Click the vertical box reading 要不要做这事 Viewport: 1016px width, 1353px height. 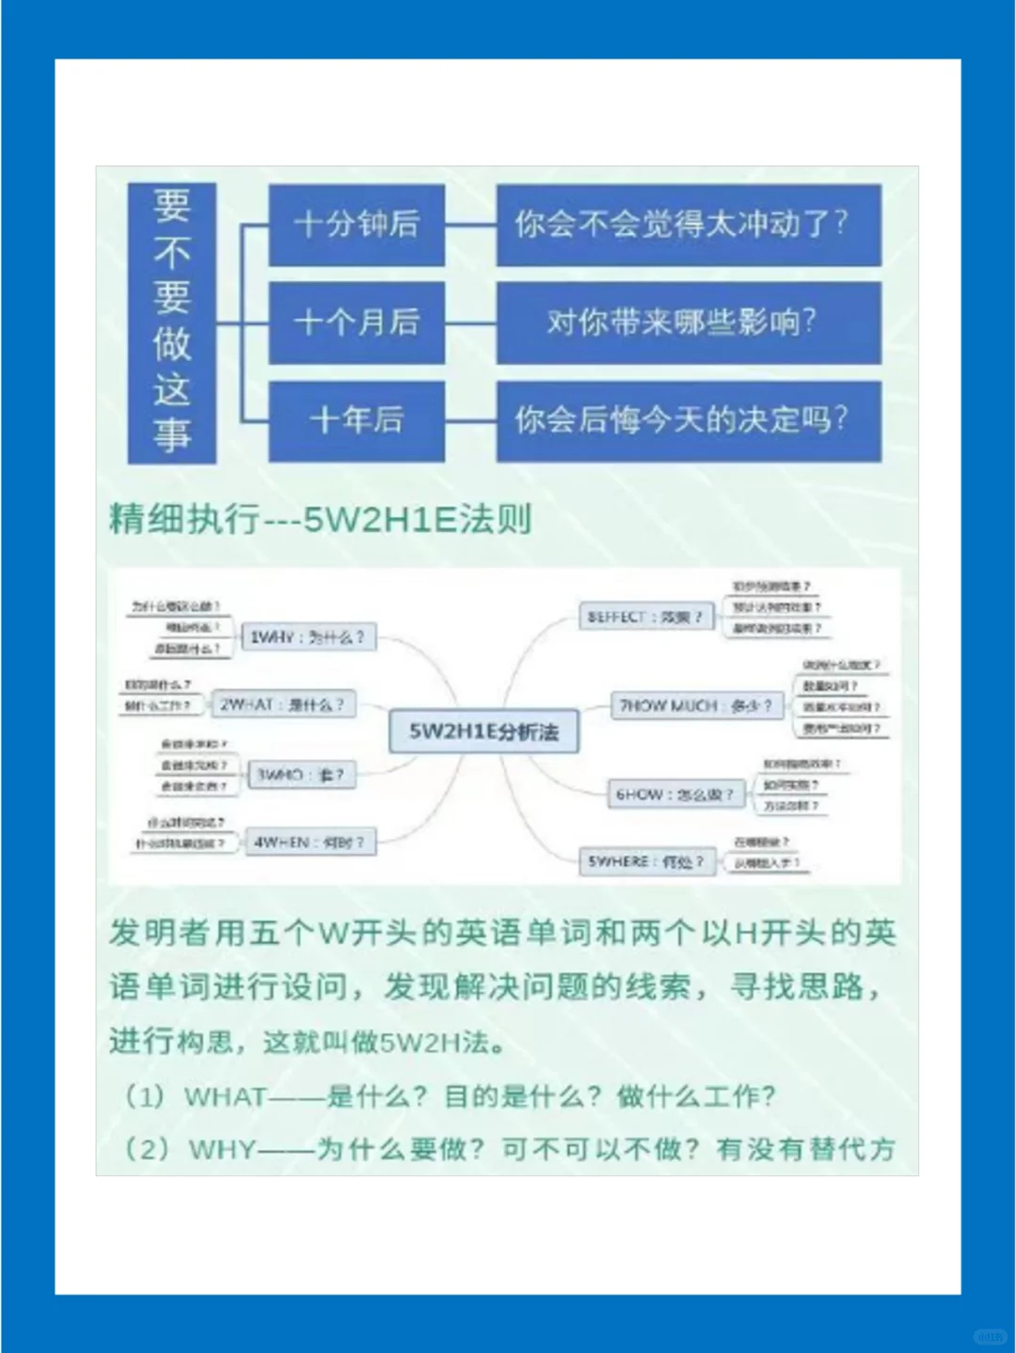pyautogui.click(x=172, y=322)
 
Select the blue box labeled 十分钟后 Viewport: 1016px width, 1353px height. pyautogui.click(x=357, y=224)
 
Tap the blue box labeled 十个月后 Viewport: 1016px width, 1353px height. pyautogui.click(x=357, y=322)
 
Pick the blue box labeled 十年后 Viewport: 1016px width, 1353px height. pyautogui.click(x=357, y=419)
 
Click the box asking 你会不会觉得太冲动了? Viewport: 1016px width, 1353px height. pyautogui.click(x=688, y=224)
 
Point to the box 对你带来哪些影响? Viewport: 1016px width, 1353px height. pyautogui.click(x=688, y=322)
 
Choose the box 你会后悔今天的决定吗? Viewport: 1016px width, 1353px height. pyautogui.click(x=688, y=419)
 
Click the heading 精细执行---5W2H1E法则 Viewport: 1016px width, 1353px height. pyautogui.click(x=321, y=519)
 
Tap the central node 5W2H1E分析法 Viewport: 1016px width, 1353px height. pyautogui.click(x=484, y=732)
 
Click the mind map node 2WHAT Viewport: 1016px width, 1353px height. pyautogui.click(x=282, y=704)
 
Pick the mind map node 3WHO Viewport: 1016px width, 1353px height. pyautogui.click(x=302, y=775)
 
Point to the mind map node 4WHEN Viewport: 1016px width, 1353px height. pyautogui.click(x=310, y=842)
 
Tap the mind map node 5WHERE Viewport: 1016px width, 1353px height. pyautogui.click(x=646, y=861)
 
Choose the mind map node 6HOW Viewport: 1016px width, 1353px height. pyautogui.click(x=675, y=794)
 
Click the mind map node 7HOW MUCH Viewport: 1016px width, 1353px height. pyautogui.click(x=696, y=705)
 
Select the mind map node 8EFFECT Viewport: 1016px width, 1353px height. pyautogui.click(x=645, y=618)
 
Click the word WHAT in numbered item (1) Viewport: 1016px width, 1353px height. pyautogui.click(x=226, y=1096)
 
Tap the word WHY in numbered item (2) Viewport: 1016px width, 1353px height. pyautogui.click(x=222, y=1149)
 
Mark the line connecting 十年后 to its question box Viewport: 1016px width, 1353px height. pyautogui.click(x=470, y=419)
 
